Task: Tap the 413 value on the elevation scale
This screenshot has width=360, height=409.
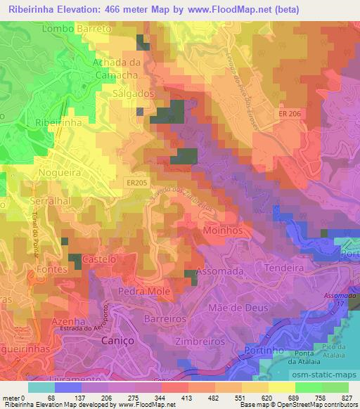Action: coord(186,398)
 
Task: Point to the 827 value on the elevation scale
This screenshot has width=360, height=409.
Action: coord(347,398)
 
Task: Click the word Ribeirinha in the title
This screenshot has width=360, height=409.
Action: coord(32,9)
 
